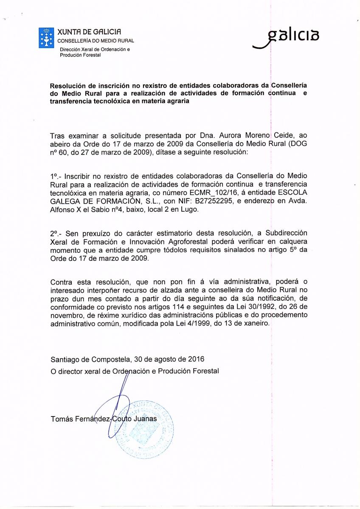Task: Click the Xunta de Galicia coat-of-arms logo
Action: coord(46,37)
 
